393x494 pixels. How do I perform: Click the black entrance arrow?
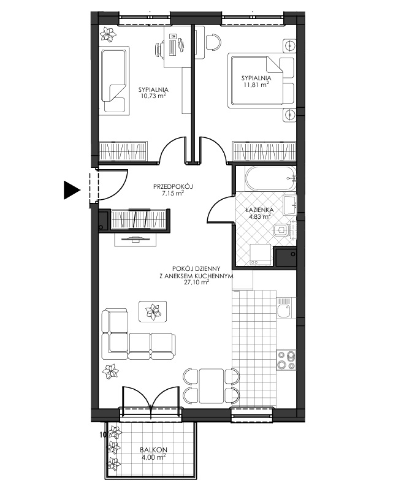pos(72,190)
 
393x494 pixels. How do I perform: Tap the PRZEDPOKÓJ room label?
pos(173,186)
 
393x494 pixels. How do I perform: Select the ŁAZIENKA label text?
pos(260,210)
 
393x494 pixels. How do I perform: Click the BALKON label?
pos(154,450)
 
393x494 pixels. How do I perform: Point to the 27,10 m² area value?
pos(196,283)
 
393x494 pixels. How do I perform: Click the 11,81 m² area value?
pos(256,84)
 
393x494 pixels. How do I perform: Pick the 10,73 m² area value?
pos(153,96)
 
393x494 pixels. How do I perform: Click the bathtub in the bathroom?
pos(270,178)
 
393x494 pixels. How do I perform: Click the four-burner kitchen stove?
pos(286,360)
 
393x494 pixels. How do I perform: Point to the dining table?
pos(212,386)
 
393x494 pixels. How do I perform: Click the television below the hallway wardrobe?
pos(135,240)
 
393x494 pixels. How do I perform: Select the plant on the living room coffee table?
pos(153,311)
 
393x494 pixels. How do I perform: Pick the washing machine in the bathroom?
pos(261,254)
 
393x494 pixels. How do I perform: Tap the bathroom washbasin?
pos(290,205)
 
